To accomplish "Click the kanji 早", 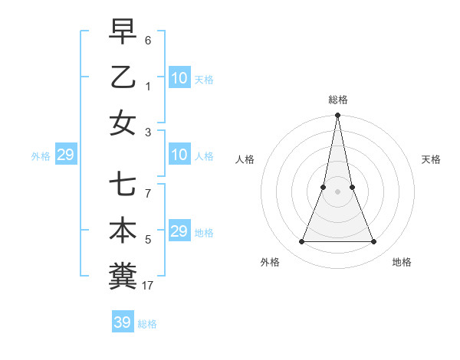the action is pos(123,33).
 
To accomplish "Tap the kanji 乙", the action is pos(123,77).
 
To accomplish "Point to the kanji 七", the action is pos(123,185).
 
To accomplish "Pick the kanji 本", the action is pos(123,231).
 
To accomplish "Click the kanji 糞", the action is pos(123,276).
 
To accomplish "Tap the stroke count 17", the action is pos(148,286).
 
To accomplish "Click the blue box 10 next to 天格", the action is pos(179,78).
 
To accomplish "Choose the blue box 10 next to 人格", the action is pos(179,155).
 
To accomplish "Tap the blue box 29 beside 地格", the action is pos(179,231).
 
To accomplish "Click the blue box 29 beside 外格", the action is pos(65,155).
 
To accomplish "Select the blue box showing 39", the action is pos(122,322).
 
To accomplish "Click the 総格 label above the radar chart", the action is pos(337,100).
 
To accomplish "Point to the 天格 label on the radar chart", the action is pos(431,159).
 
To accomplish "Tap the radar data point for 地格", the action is pos(374,242).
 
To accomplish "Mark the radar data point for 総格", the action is pos(337,116).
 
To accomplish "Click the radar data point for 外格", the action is pos(301,242).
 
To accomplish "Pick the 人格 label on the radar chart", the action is pos(245,159).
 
